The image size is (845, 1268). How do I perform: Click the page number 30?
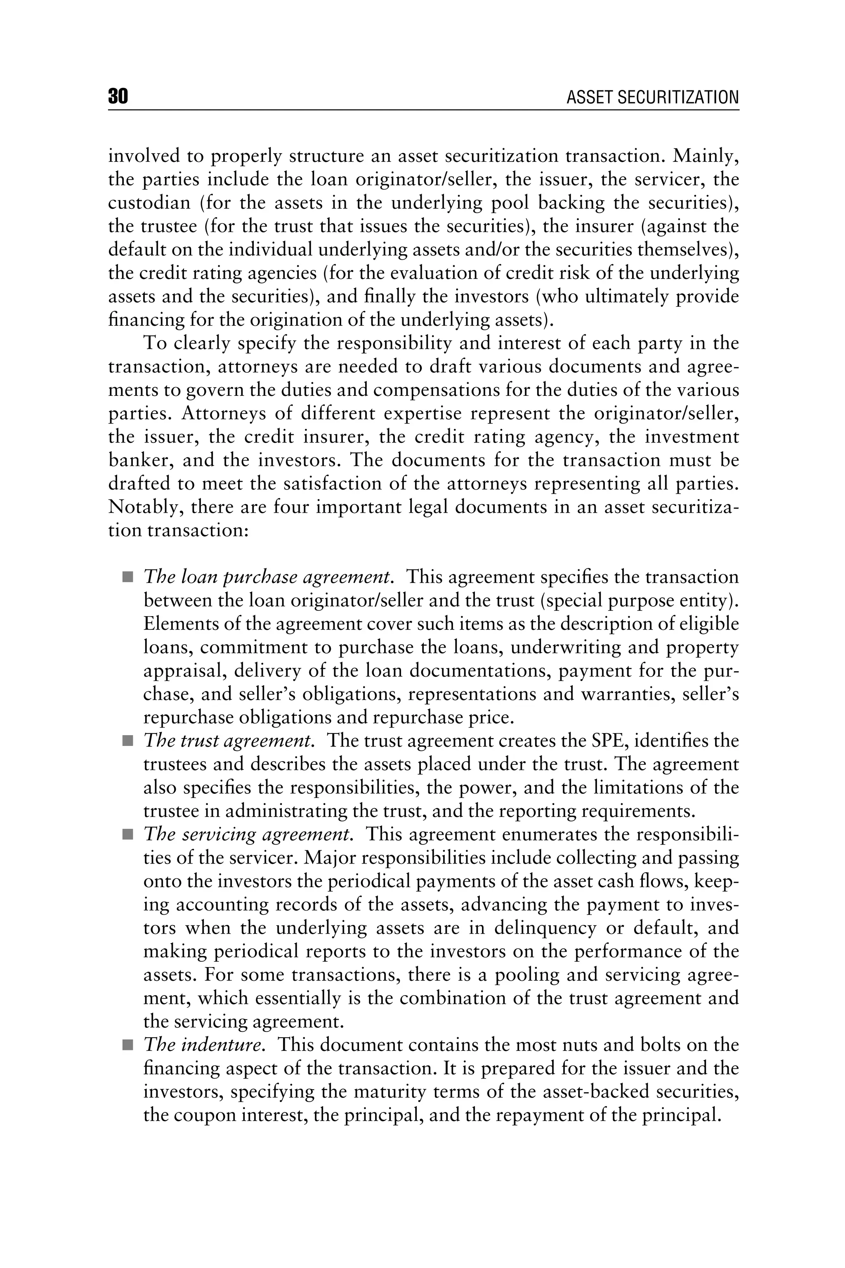[x=118, y=97]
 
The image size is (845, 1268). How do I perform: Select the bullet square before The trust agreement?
[x=127, y=742]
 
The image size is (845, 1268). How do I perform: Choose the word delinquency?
[x=545, y=929]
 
